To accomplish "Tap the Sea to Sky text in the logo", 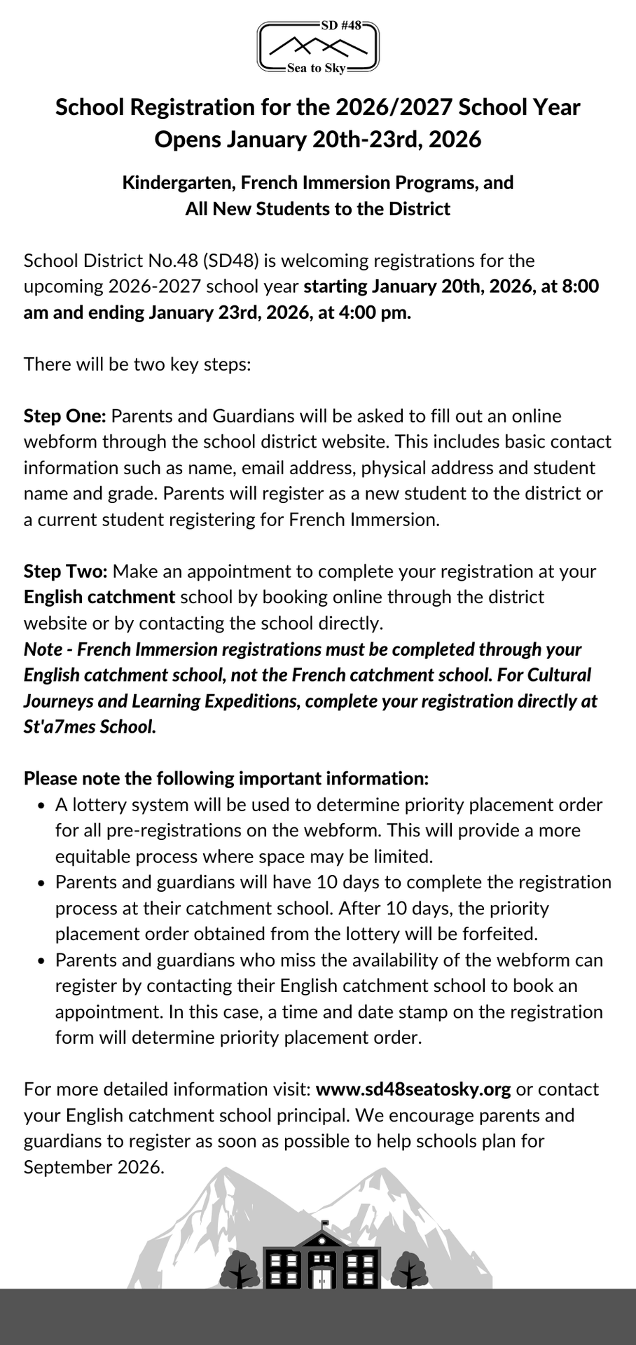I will click(317, 69).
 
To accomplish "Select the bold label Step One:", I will click(64, 416).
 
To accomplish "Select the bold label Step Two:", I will click(66, 572).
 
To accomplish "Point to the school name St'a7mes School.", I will click(90, 726).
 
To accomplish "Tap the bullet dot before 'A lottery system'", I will click(42, 806).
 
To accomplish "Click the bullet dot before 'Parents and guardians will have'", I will click(42, 883).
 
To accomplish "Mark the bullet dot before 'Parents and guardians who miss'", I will click(42, 960).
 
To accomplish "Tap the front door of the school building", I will click(322, 1278).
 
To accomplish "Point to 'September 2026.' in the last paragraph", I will click(94, 1167).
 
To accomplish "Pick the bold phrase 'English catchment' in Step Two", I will click(99, 598).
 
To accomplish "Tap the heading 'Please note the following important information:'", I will click(226, 779).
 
